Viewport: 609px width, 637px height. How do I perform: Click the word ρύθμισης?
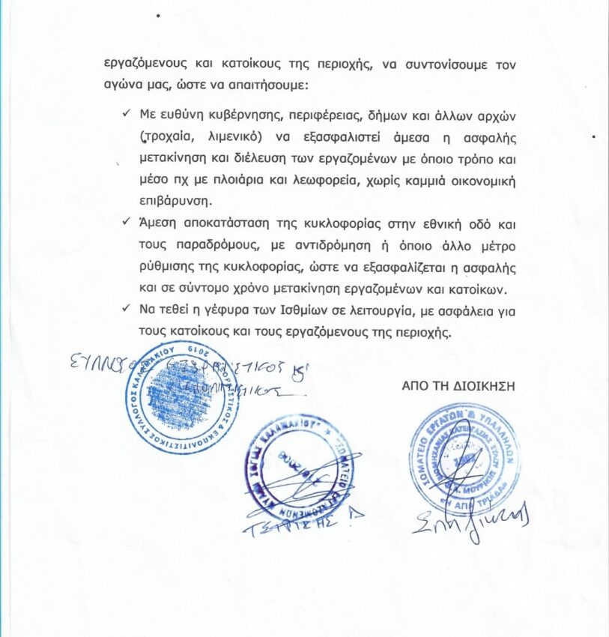(163, 268)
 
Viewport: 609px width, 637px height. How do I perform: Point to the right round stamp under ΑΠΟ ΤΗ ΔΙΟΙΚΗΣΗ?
(464, 458)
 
